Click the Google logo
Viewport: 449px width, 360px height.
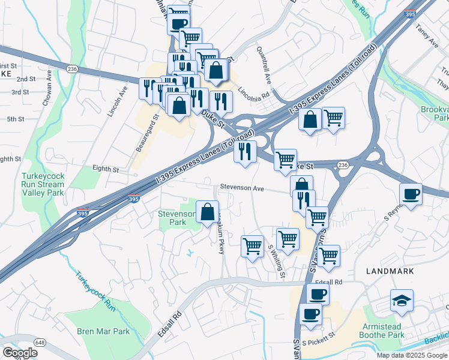click(x=20, y=353)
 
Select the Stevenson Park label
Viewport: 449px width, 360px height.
click(x=176, y=218)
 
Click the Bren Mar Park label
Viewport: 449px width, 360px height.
click(x=103, y=331)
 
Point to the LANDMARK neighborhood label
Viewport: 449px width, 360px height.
click(x=390, y=271)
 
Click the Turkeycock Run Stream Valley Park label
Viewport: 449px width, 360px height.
click(x=43, y=185)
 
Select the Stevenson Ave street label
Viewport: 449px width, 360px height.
click(x=241, y=188)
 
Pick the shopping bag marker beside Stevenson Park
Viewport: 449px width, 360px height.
click(x=207, y=212)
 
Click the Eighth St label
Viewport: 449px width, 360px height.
click(x=106, y=170)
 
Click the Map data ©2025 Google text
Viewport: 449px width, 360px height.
click(x=411, y=355)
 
